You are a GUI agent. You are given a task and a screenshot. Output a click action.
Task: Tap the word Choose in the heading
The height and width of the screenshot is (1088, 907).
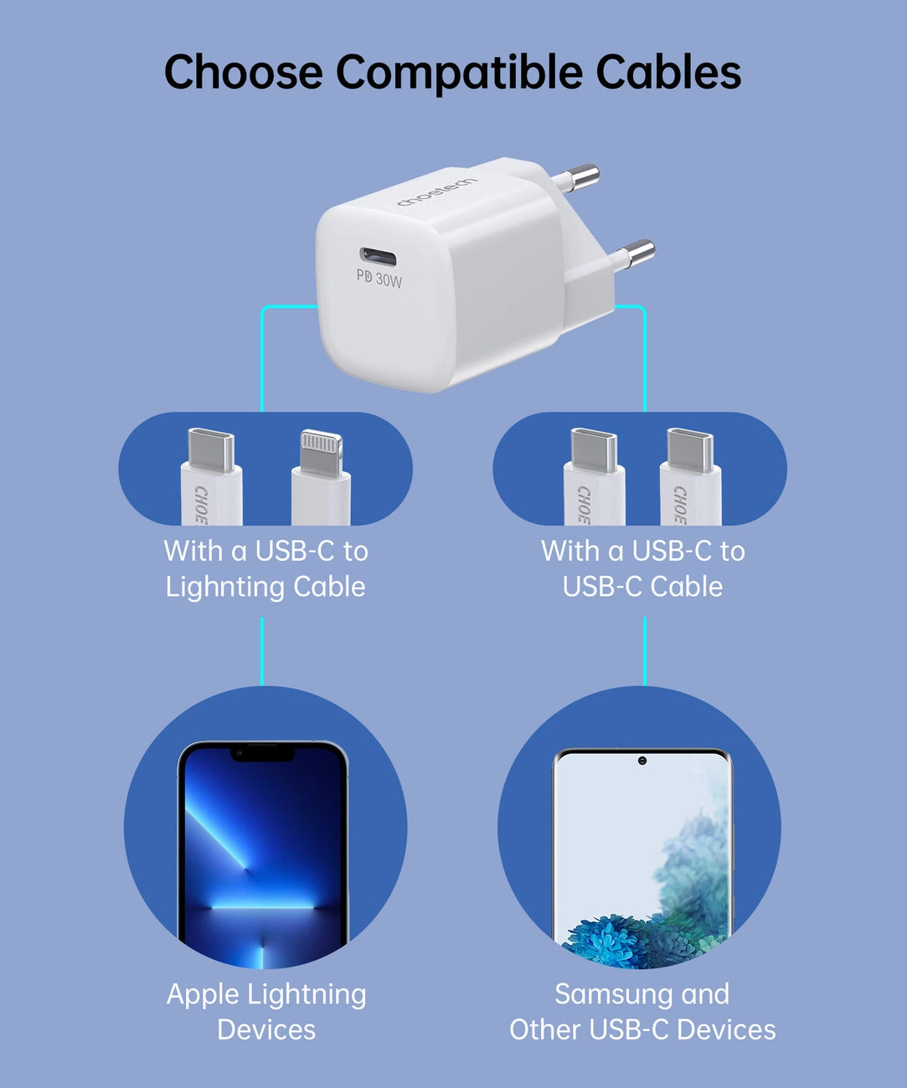(243, 72)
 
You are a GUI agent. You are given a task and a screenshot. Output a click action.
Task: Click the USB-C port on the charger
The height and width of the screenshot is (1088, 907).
(378, 255)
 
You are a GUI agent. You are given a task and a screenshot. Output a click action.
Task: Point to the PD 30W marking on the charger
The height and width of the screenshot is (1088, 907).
(379, 278)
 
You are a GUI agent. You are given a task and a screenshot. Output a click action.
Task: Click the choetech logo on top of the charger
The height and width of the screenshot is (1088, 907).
(436, 192)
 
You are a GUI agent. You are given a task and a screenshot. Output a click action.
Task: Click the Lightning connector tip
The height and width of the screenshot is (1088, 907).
(322, 452)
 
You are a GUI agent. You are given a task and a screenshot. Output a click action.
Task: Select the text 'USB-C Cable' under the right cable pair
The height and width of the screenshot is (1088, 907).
(642, 587)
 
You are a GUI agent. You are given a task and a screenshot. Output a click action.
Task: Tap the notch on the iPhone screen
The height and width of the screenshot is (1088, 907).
(263, 753)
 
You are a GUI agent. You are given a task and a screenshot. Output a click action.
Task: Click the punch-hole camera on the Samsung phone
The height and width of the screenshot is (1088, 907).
(642, 761)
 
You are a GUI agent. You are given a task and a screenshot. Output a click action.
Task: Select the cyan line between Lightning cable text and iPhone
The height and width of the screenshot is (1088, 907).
(262, 651)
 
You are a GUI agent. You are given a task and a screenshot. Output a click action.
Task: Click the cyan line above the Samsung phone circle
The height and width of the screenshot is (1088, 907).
(645, 651)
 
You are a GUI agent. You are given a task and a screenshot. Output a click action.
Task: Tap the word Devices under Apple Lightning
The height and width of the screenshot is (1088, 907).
(266, 1029)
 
